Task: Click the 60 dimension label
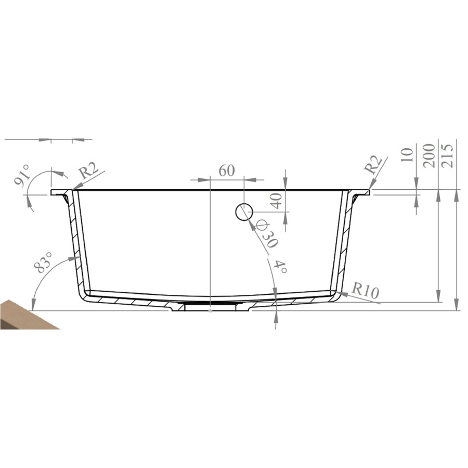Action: pos(227,171)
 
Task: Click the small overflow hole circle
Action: pos(244,212)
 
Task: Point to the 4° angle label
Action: pos(281,268)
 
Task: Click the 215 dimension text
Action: pos(449,154)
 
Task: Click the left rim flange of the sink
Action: pos(58,192)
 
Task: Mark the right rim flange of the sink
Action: pos(362,192)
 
